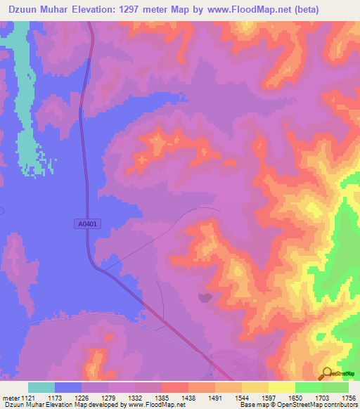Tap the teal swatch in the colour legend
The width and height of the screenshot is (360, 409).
coord(41,387)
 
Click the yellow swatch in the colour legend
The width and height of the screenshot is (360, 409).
coord(281,387)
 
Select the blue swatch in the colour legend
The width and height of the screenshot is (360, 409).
coord(68,387)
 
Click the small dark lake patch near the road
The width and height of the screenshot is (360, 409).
coord(206,298)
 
